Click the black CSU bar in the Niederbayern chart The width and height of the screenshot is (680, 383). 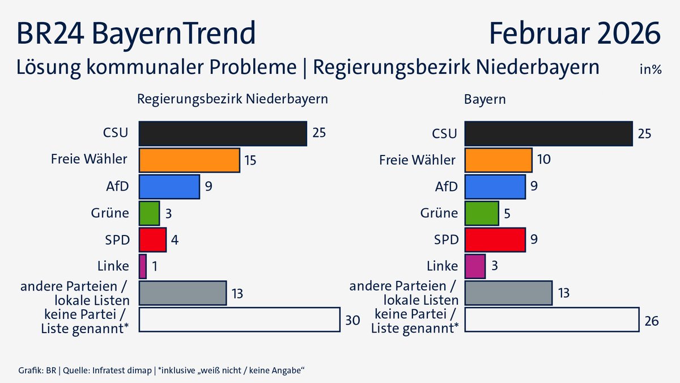[223, 134]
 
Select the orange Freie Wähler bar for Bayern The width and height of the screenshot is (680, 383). [498, 160]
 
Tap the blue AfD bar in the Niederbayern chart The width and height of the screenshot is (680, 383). [169, 187]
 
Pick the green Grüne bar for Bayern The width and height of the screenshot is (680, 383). [482, 213]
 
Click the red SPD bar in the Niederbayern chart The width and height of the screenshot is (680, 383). [152, 239]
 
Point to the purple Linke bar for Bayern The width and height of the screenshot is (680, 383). [475, 266]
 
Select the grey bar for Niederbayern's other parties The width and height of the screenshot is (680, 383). [182, 293]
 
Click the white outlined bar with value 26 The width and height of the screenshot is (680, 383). [552, 319]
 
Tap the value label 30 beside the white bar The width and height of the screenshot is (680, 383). [352, 320]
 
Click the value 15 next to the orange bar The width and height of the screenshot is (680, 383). [250, 161]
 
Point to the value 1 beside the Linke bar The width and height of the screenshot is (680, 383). [155, 267]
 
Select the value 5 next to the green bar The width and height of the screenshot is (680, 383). [508, 213]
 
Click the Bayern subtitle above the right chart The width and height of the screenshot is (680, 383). [485, 99]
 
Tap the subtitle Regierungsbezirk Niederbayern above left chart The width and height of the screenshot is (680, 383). [233, 99]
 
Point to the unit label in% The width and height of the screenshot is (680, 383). [651, 70]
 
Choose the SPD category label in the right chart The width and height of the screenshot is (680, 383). [445, 239]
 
